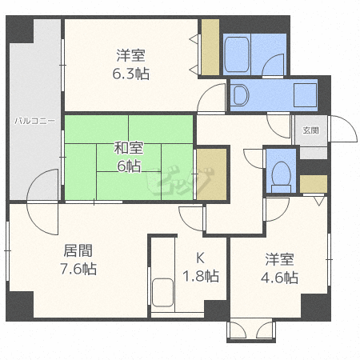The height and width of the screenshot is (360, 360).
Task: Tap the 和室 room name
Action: click(128, 147)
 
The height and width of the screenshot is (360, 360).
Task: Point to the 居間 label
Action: click(78, 249)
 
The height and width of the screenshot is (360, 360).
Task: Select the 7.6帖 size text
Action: click(78, 269)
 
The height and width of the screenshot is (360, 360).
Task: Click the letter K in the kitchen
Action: click(201, 258)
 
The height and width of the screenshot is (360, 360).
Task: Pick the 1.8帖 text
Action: click(201, 277)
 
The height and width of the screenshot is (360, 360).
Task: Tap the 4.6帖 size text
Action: click(280, 278)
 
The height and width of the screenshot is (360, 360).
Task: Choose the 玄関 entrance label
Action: click(310, 130)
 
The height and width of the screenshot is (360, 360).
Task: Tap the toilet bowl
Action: click(280, 173)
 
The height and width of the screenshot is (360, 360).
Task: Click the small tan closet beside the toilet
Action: click(314, 183)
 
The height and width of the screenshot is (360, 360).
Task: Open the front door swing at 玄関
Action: click(338, 131)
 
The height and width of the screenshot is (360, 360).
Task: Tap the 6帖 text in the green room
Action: click(128, 166)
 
